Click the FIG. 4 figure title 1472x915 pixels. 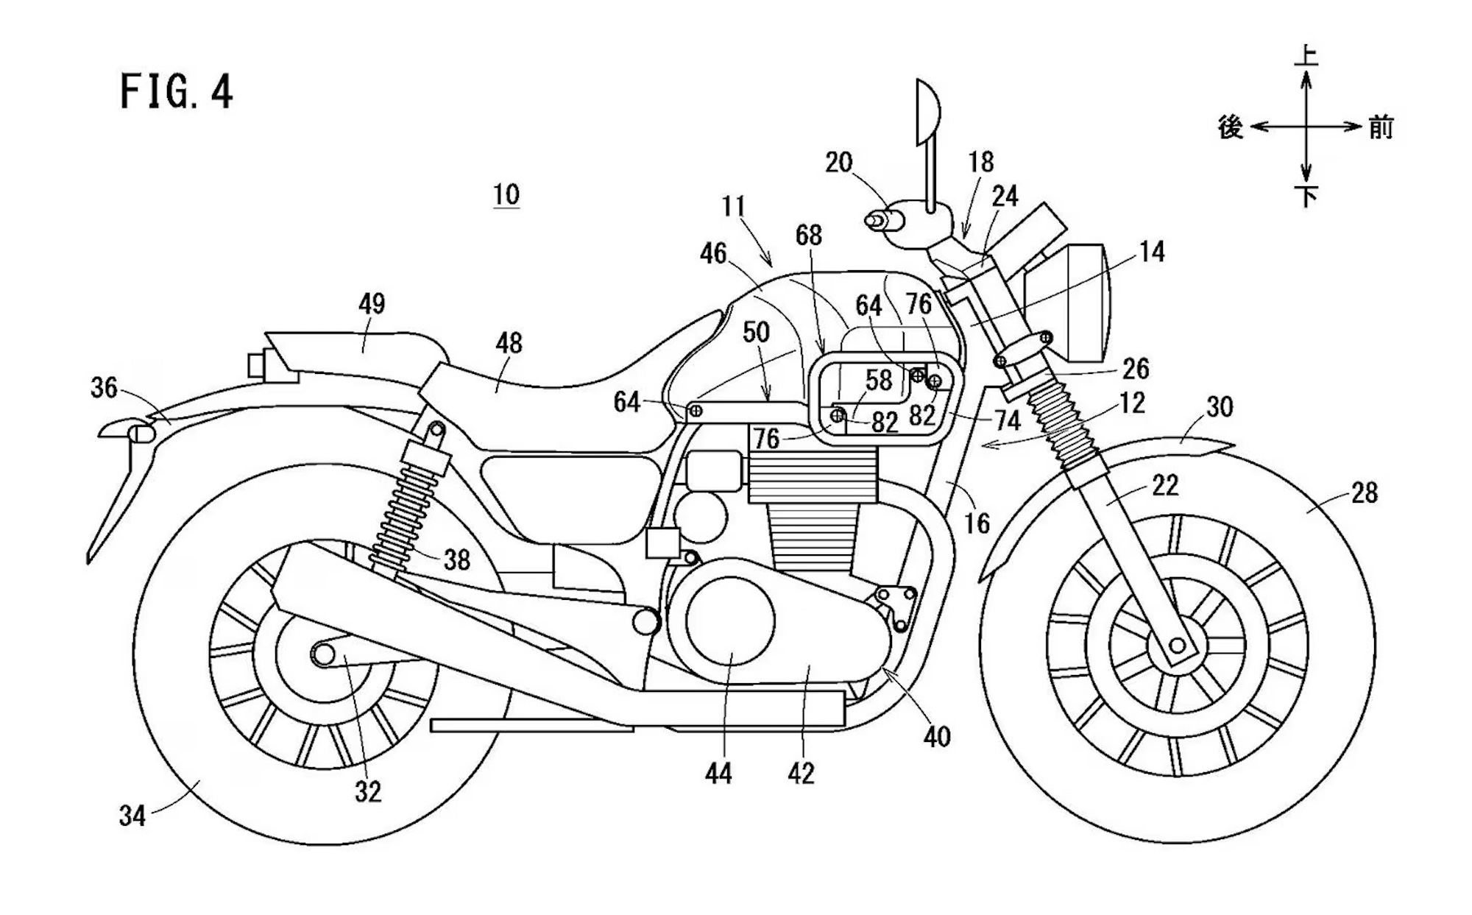[x=177, y=93]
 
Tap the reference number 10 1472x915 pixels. [x=506, y=195]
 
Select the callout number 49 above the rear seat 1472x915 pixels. [x=372, y=303]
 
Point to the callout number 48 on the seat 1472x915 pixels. [x=509, y=343]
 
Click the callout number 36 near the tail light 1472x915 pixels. [x=104, y=387]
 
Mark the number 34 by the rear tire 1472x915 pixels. [x=132, y=816]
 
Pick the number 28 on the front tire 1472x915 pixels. [x=1364, y=492]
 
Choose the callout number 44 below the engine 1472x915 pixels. [x=718, y=774]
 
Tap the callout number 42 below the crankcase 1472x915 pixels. [x=801, y=774]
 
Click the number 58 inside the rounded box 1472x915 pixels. [x=879, y=381]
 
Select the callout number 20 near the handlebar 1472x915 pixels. [x=838, y=163]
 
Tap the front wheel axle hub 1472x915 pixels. [x=1177, y=646]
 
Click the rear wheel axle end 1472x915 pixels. [x=322, y=653]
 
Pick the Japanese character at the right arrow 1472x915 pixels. [x=1381, y=127]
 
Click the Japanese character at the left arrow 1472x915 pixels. [x=1231, y=127]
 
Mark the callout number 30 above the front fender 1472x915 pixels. [x=1220, y=407]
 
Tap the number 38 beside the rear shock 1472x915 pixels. [x=456, y=560]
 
